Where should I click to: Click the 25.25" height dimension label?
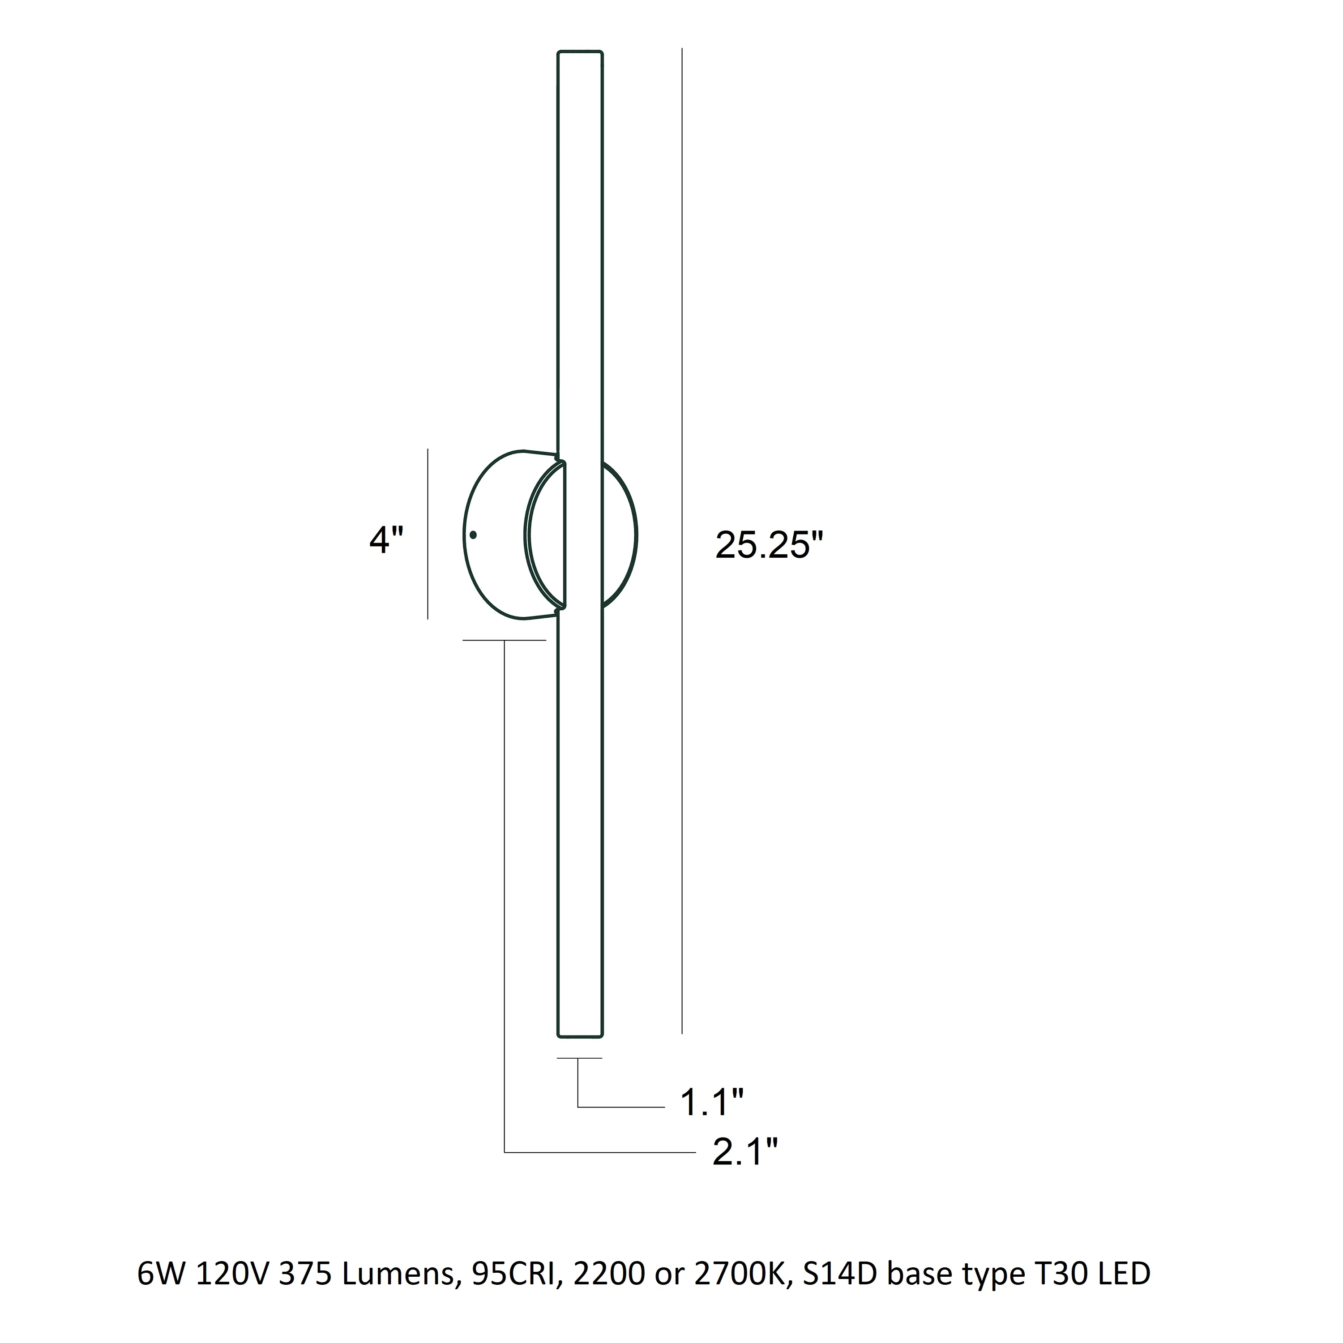769,545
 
